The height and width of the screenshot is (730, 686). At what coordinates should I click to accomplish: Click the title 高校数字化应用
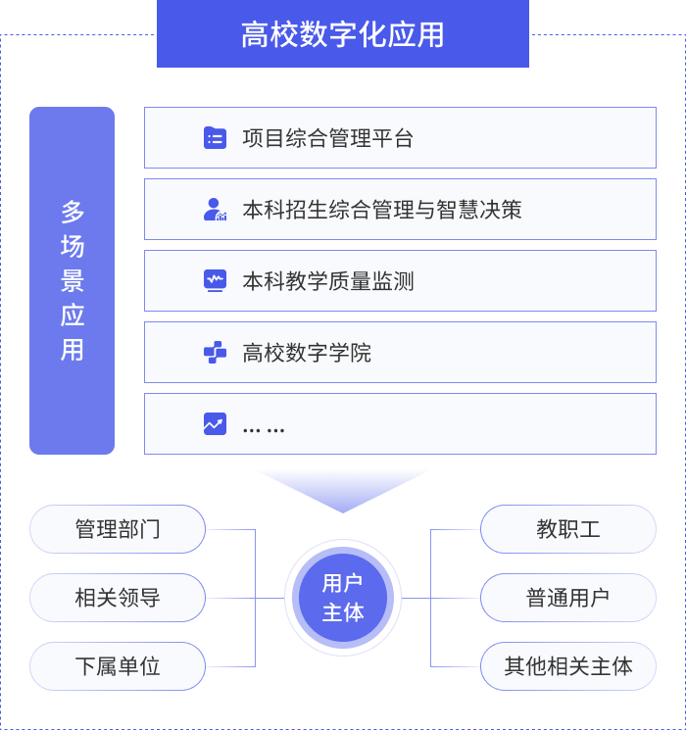343,34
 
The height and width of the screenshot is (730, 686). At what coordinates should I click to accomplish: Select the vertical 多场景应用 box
72,280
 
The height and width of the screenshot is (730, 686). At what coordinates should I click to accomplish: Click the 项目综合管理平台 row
400,138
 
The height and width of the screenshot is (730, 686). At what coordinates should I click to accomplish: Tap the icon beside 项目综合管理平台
215,138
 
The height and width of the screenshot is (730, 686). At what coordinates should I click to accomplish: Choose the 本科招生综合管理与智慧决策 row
400,210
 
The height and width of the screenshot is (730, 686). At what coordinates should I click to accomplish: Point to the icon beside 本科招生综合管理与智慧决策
215,210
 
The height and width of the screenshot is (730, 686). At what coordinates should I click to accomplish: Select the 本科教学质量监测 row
400,281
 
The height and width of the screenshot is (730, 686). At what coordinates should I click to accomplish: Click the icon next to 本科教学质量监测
215,281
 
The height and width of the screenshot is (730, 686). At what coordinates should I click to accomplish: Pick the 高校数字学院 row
400,353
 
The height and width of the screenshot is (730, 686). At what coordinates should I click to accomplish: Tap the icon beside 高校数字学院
215,353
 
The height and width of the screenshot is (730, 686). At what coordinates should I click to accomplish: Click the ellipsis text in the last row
263,427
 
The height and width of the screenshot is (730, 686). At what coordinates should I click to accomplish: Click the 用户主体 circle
343,598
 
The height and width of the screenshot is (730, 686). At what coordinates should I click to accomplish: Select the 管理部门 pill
118,529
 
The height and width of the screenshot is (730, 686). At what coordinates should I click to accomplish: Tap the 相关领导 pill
118,598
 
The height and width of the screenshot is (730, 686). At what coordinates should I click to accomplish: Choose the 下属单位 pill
118,666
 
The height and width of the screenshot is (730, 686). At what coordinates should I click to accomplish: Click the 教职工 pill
568,529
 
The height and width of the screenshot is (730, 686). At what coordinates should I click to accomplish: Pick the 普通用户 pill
568,598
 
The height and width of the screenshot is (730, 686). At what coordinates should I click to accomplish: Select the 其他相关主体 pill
568,666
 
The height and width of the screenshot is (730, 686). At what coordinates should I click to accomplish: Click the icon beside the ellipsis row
215,424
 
